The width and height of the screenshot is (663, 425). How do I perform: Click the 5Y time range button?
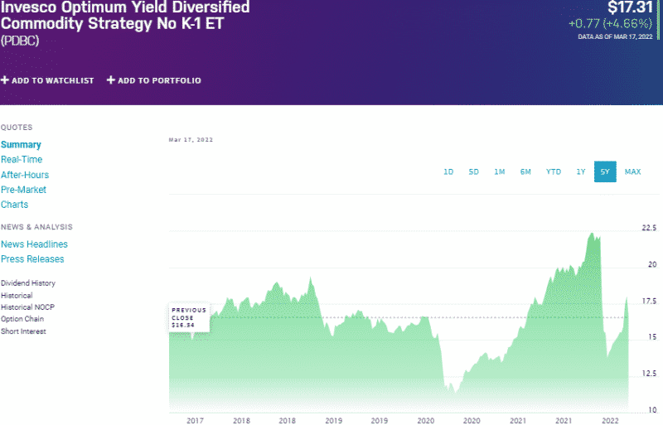[x=605, y=171]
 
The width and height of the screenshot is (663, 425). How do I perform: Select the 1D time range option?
[x=448, y=171]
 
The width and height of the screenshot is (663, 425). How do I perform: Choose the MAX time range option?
[x=632, y=171]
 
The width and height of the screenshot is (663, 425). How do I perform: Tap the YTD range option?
[x=553, y=171]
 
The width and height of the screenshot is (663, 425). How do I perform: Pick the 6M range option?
[x=525, y=171]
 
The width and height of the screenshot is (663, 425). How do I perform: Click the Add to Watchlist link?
[x=47, y=80]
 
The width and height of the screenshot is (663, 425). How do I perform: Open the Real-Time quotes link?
[x=22, y=160]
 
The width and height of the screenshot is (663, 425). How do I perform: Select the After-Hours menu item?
[x=25, y=175]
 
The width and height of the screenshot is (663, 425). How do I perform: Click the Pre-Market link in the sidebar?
[x=23, y=190]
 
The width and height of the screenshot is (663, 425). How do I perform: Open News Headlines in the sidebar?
[x=34, y=244]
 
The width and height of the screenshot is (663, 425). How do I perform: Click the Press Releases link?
[x=32, y=259]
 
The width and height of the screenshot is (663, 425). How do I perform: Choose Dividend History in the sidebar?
[x=28, y=283]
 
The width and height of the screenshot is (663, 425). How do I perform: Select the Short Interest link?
[x=23, y=331]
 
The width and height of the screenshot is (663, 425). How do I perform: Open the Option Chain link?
[x=22, y=319]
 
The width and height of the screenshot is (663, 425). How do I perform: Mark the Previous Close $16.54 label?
[x=189, y=317]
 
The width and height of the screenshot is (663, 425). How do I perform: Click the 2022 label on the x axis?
[x=610, y=421]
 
